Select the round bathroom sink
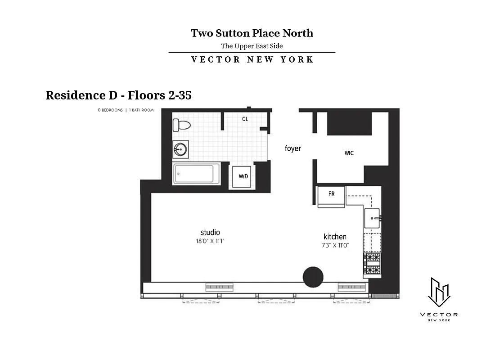pyautogui.click(x=181, y=148)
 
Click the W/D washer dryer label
pyautogui.click(x=243, y=176)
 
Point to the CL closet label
pyautogui.click(x=245, y=119)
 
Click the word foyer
pyautogui.click(x=292, y=148)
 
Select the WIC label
pyautogui.click(x=349, y=153)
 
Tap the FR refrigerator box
pyautogui.click(x=331, y=194)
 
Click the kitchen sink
pyautogui.click(x=373, y=219)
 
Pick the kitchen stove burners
pyautogui.click(x=372, y=264)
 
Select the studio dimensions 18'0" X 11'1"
pyautogui.click(x=210, y=241)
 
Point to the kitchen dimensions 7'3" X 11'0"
pyautogui.click(x=336, y=245)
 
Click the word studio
pyautogui.click(x=210, y=232)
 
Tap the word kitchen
pyautogui.click(x=335, y=237)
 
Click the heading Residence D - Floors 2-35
pyautogui.click(x=119, y=95)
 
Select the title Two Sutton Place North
pyautogui.click(x=252, y=33)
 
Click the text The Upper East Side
pyautogui.click(x=252, y=46)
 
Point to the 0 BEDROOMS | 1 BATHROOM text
pyautogui.click(x=126, y=110)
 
